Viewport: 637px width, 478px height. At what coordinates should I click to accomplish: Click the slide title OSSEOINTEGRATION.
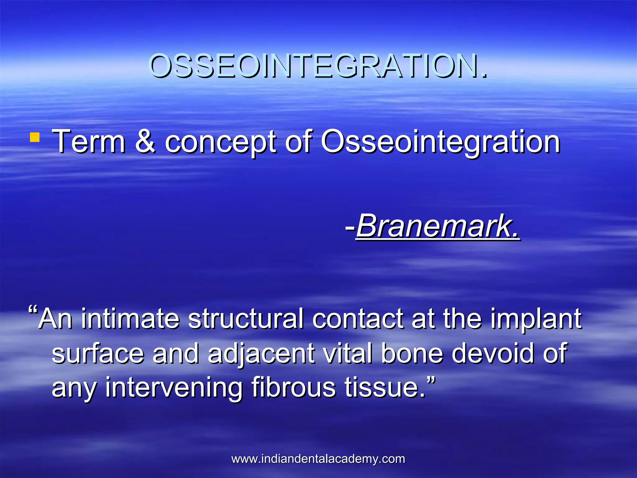pos(318,66)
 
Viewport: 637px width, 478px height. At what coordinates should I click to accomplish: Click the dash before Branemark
pos(350,227)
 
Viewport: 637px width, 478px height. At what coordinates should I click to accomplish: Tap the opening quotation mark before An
pos(33,311)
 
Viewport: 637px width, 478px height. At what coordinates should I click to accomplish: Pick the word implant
pos(536,319)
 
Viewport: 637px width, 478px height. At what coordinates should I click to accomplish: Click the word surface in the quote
pos(98,353)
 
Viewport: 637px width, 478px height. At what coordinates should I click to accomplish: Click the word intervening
pos(174,387)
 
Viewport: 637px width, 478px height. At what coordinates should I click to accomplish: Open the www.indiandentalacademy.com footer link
pos(318,459)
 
